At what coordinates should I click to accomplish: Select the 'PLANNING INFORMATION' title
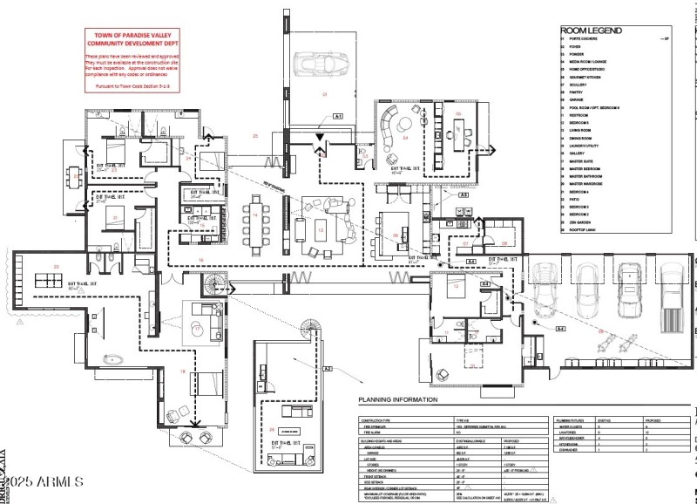click(396, 399)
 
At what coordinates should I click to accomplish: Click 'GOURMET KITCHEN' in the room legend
click(586, 78)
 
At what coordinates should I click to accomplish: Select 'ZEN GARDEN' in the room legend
click(580, 221)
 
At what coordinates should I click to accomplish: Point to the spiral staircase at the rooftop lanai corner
click(308, 330)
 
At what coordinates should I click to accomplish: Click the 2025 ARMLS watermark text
click(44, 480)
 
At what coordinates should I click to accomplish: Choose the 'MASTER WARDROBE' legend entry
click(586, 184)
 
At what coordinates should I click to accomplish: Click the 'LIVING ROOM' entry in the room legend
click(581, 131)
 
